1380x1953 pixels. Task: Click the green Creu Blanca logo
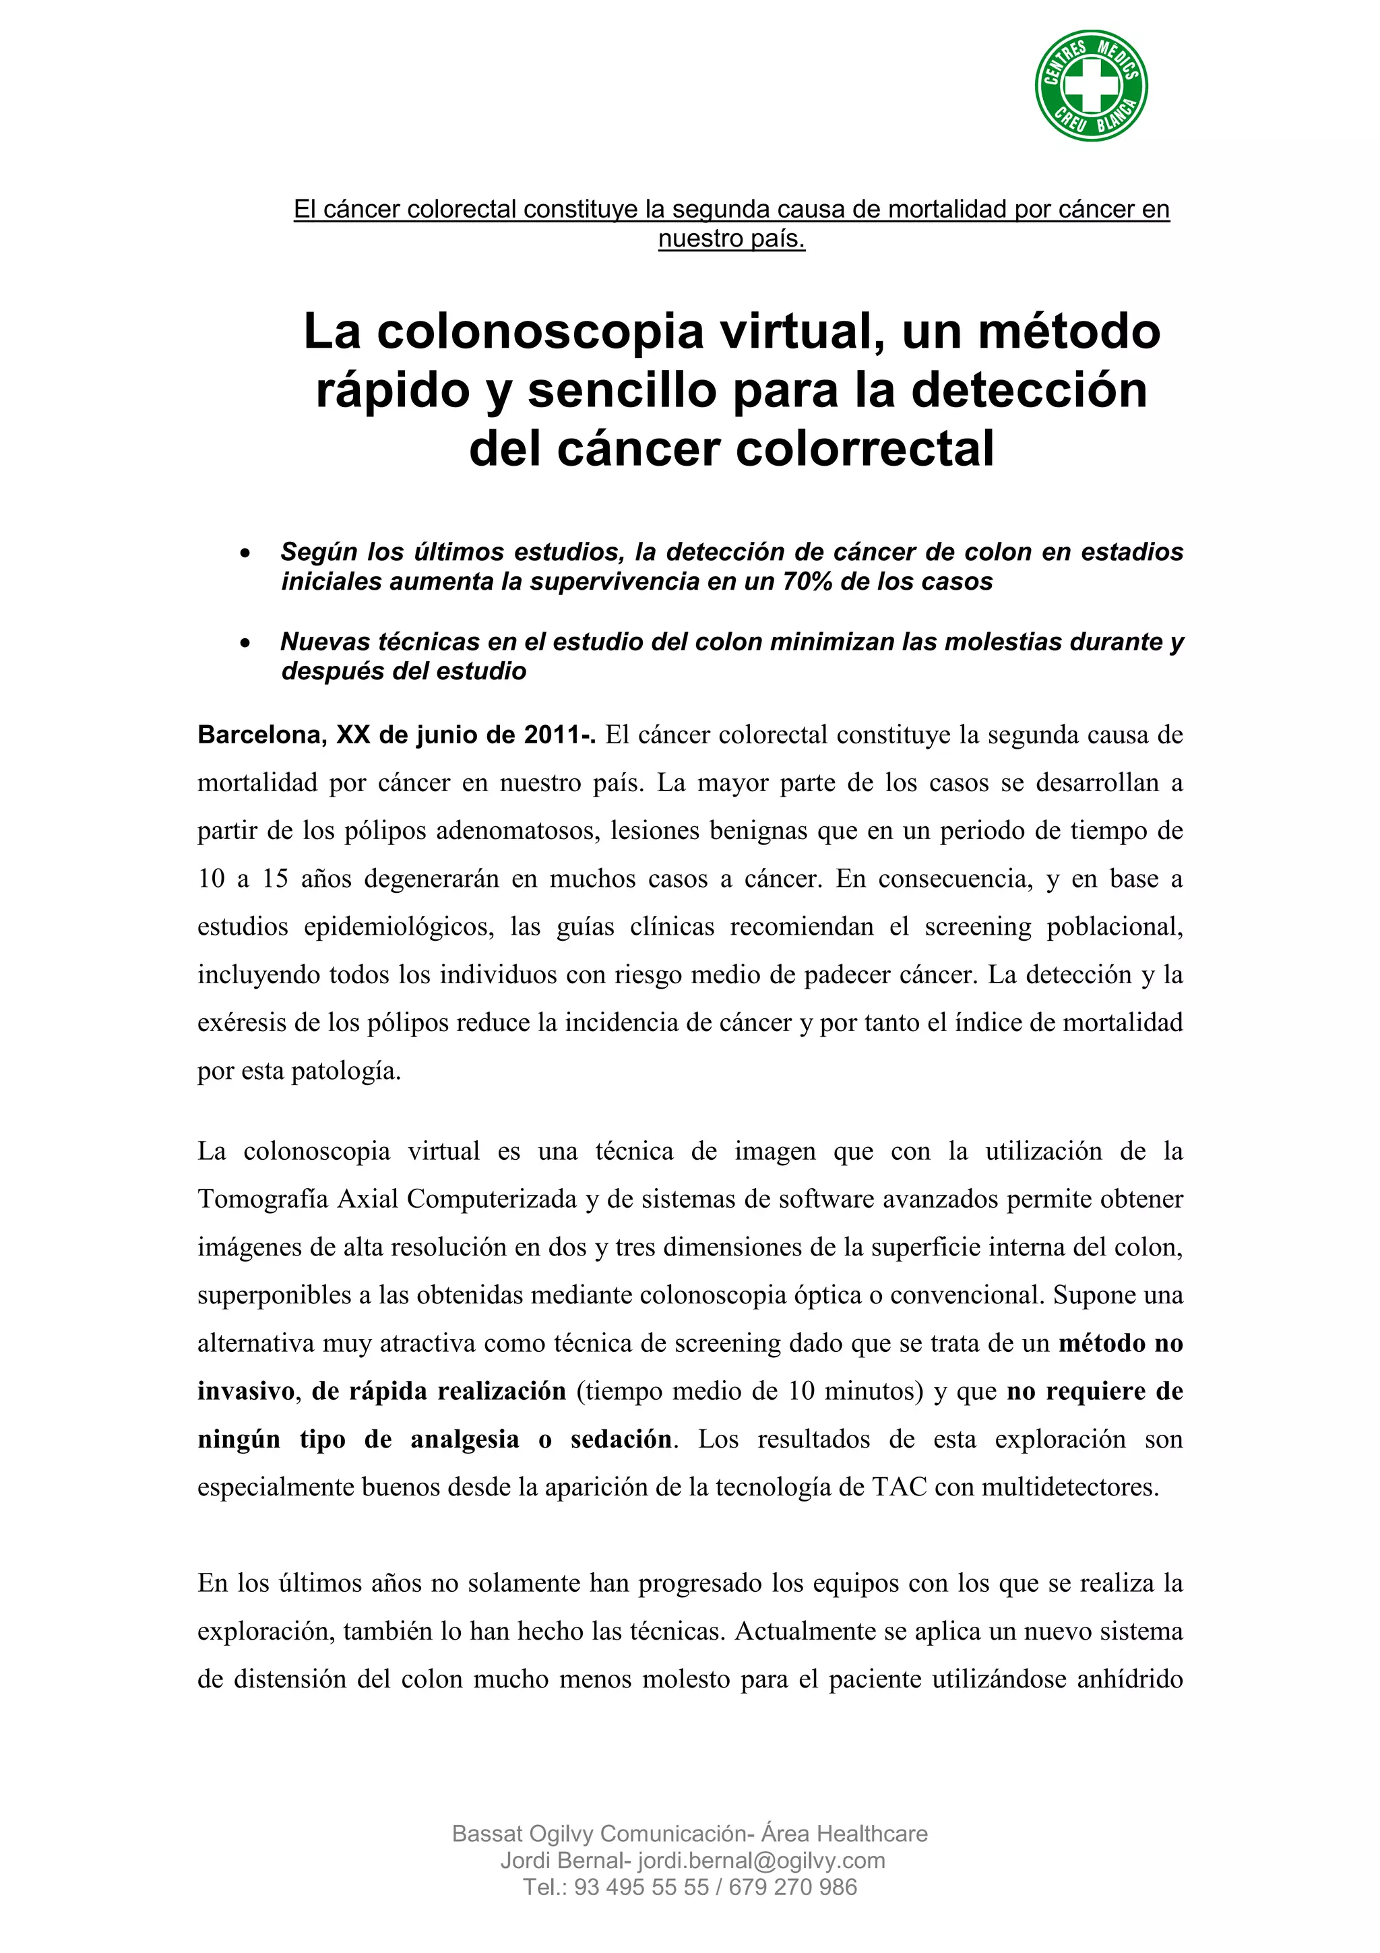point(1091,85)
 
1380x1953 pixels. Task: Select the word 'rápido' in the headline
point(394,392)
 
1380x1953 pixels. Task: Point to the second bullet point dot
point(245,643)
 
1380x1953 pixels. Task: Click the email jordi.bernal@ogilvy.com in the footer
point(761,1860)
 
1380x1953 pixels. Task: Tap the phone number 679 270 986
point(792,1887)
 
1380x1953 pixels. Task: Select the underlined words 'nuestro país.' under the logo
point(731,239)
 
